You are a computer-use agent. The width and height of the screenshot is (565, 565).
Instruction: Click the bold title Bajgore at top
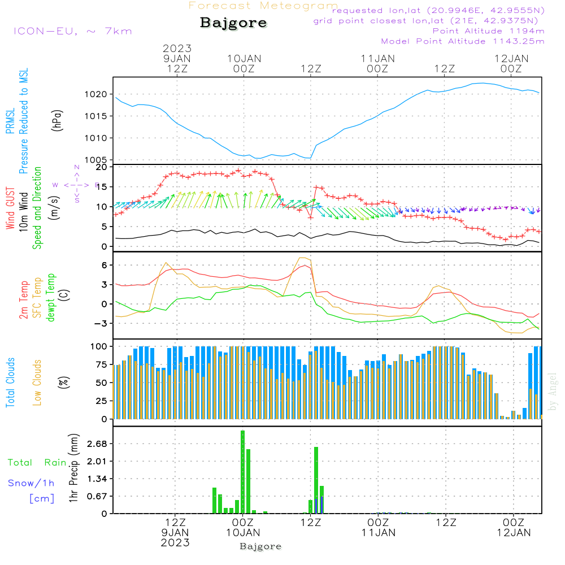click(x=233, y=23)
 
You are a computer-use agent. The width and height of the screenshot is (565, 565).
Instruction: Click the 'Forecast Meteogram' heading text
click(x=263, y=6)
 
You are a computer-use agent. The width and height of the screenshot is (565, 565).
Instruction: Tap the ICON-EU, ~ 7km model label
click(x=72, y=31)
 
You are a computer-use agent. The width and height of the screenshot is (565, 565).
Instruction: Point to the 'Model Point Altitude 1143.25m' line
click(x=463, y=41)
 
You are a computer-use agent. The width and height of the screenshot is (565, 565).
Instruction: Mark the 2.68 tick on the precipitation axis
click(x=97, y=444)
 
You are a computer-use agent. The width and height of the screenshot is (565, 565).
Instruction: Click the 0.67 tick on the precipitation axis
click(x=97, y=496)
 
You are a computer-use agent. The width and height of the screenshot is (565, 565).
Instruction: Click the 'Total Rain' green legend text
click(x=37, y=462)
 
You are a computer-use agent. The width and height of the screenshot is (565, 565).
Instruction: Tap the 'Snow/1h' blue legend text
click(x=31, y=483)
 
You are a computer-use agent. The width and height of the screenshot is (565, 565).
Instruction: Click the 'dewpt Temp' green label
click(x=51, y=298)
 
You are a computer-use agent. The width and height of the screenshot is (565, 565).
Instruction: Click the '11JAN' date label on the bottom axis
click(x=378, y=532)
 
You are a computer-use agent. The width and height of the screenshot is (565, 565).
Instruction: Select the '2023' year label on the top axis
click(x=177, y=48)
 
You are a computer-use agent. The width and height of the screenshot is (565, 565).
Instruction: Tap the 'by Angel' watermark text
click(x=553, y=392)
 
